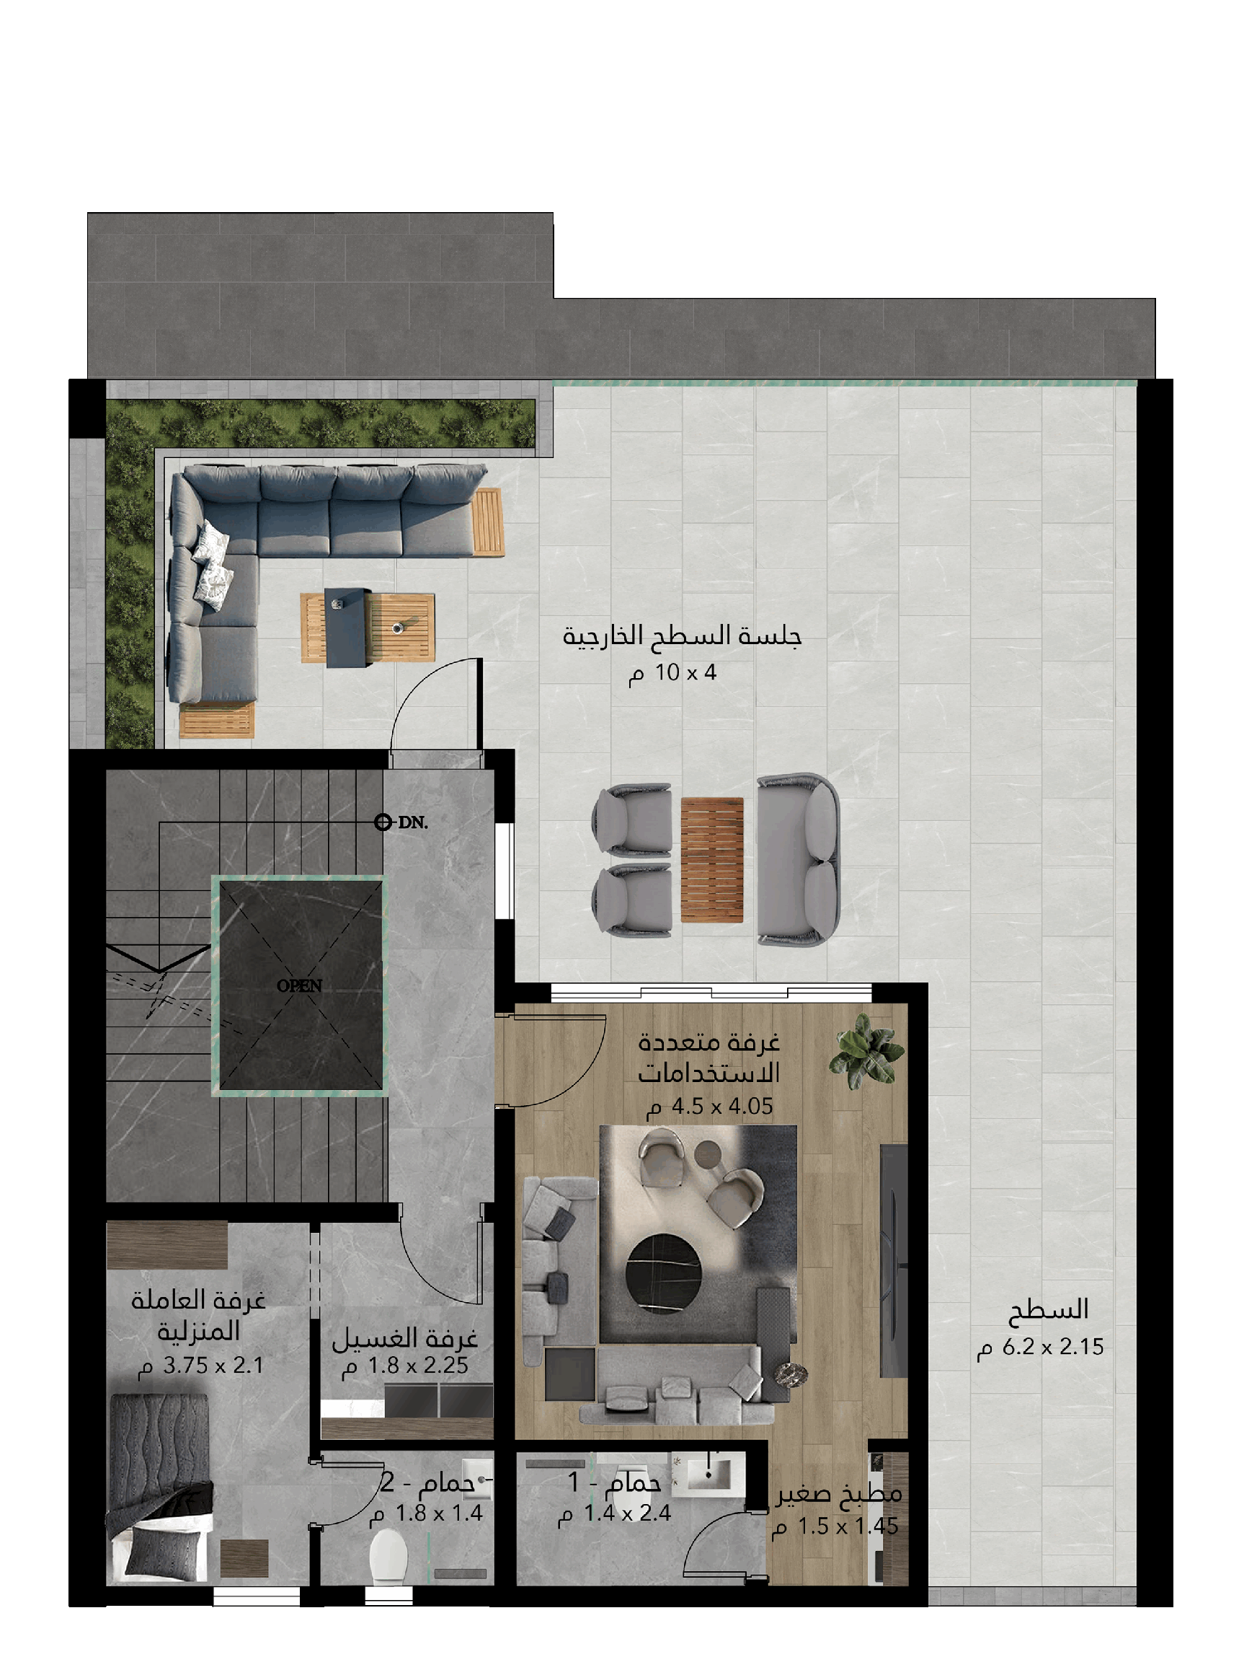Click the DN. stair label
tap(413, 822)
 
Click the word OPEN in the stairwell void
tap(300, 986)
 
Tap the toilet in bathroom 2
tap(388, 1557)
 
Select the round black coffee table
tap(664, 1274)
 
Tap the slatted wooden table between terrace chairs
tap(712, 860)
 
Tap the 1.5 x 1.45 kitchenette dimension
tap(835, 1526)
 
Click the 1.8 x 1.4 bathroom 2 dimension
tap(426, 1513)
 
